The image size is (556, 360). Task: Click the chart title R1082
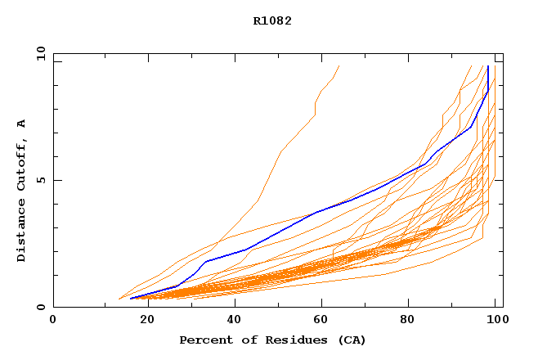point(272,21)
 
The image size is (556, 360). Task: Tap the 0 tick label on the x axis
point(53,320)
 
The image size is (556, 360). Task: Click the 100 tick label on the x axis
point(495,320)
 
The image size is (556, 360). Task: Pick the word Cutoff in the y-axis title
point(22,164)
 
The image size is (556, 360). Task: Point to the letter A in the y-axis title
point(22,124)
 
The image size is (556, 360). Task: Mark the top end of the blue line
point(488,66)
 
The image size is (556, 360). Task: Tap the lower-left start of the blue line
point(131,298)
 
